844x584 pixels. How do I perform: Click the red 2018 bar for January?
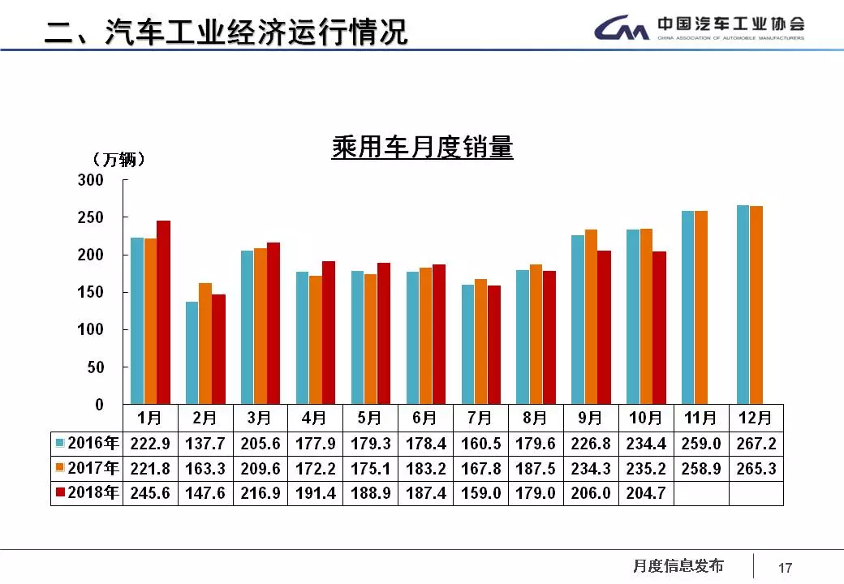pos(163,312)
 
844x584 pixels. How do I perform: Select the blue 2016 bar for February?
pos(192,353)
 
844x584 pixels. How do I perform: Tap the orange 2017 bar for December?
pos(756,305)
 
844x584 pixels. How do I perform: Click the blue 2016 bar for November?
pos(688,307)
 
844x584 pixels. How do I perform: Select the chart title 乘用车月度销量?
pos(422,148)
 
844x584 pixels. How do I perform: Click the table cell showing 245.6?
pos(151,493)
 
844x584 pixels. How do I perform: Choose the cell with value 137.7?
pos(206,444)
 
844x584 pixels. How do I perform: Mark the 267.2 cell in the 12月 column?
pos(756,444)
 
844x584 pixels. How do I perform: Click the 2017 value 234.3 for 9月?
pos(591,469)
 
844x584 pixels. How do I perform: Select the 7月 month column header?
pos(480,419)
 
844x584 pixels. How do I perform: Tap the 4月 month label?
pos(315,419)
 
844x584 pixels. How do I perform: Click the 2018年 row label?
pos(87,493)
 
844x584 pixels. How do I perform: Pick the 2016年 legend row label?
pos(87,444)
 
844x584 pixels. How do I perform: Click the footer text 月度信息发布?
pos(678,566)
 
